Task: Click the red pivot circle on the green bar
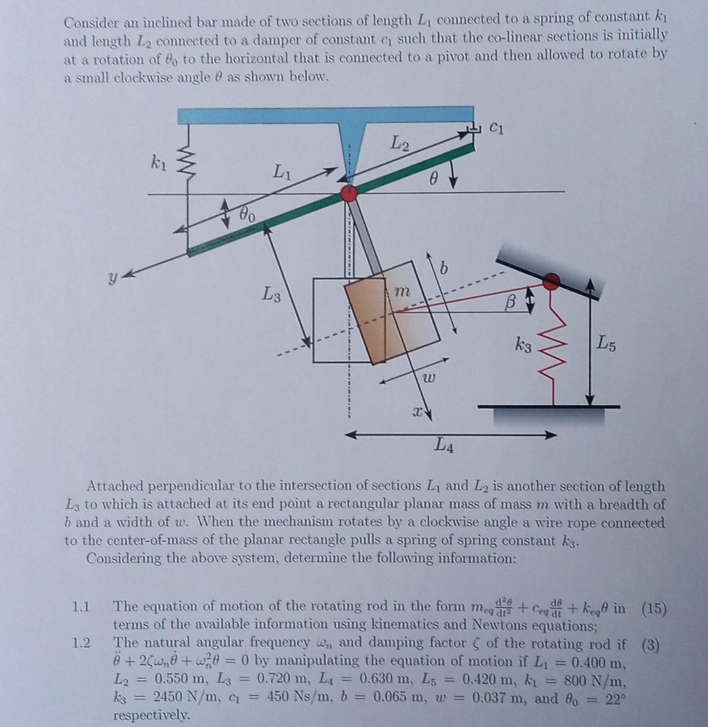[349, 193]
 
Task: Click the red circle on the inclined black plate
[552, 281]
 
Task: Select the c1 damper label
[498, 129]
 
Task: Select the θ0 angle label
[248, 215]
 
